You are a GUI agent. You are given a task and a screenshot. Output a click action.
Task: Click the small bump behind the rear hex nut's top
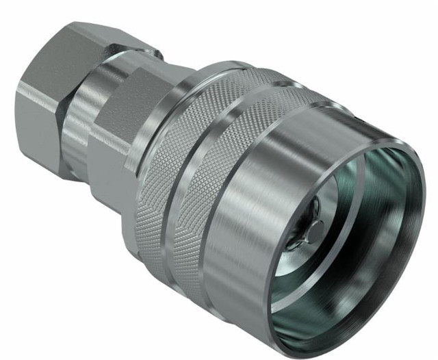(x=155, y=52)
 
